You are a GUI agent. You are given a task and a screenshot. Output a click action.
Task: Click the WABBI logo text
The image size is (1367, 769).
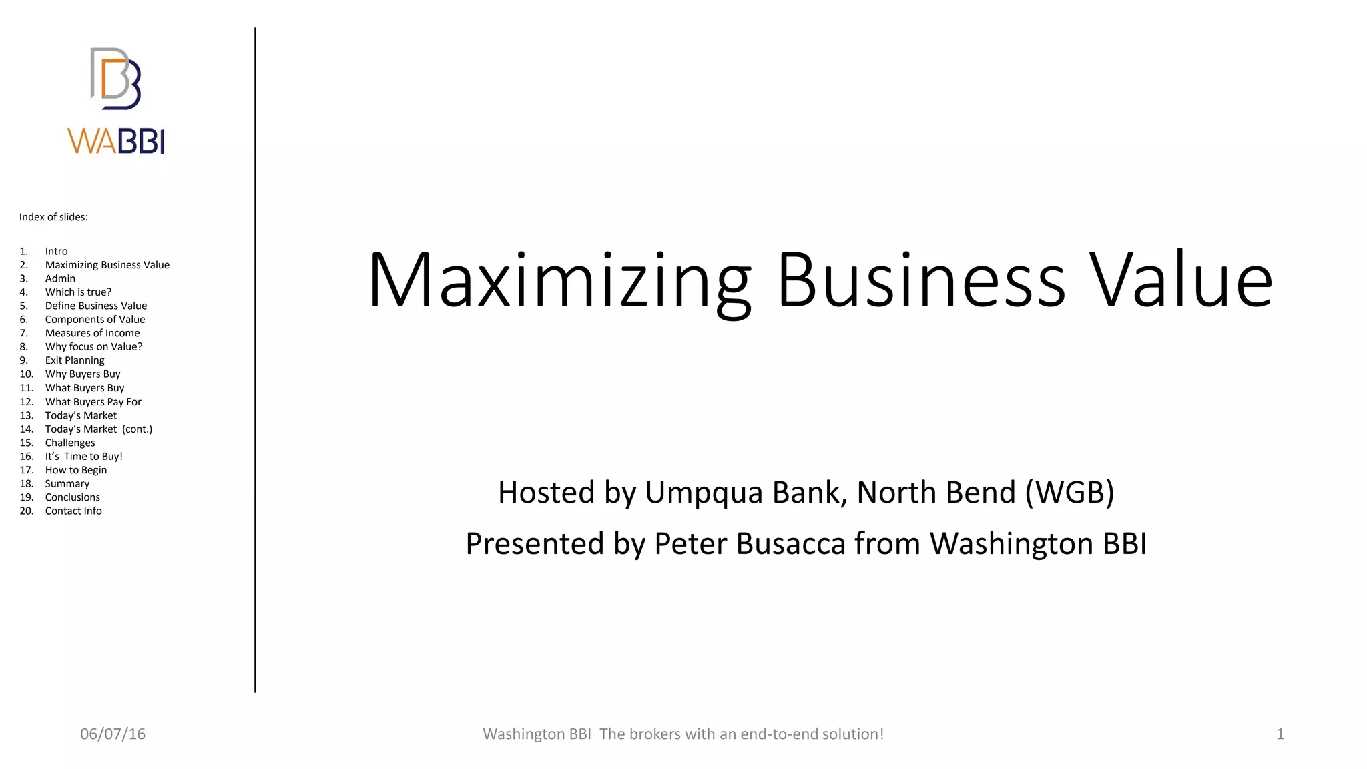point(116,141)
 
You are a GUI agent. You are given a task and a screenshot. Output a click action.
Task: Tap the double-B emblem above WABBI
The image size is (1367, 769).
point(115,79)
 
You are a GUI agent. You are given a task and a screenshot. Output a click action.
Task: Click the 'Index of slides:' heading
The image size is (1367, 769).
point(53,217)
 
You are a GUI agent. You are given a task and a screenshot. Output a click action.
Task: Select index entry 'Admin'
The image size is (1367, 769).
point(60,278)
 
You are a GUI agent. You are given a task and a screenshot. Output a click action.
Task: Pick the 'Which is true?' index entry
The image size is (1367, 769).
point(78,292)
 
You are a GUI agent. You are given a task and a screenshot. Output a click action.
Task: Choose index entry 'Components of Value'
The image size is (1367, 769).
point(95,320)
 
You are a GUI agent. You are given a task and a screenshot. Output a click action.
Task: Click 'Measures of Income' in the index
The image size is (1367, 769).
point(92,333)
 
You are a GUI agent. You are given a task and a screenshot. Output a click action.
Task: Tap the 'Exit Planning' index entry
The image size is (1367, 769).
point(75,360)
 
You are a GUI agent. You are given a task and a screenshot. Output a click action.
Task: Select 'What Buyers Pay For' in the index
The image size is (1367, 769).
point(93,402)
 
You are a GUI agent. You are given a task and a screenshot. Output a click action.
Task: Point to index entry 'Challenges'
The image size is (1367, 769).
point(70,443)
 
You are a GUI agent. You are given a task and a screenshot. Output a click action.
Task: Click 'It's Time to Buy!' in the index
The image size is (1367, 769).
point(83,457)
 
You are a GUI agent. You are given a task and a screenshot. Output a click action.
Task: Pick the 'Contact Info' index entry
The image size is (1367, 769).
point(73,511)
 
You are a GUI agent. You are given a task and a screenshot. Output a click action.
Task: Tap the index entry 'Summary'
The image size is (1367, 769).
point(67,484)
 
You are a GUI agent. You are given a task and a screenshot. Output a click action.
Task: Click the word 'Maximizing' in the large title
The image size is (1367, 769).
point(559,280)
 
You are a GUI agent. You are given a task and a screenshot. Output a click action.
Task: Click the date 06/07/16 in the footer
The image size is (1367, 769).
point(113,734)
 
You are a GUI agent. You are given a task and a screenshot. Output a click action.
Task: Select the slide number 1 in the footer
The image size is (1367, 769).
point(1280,734)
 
